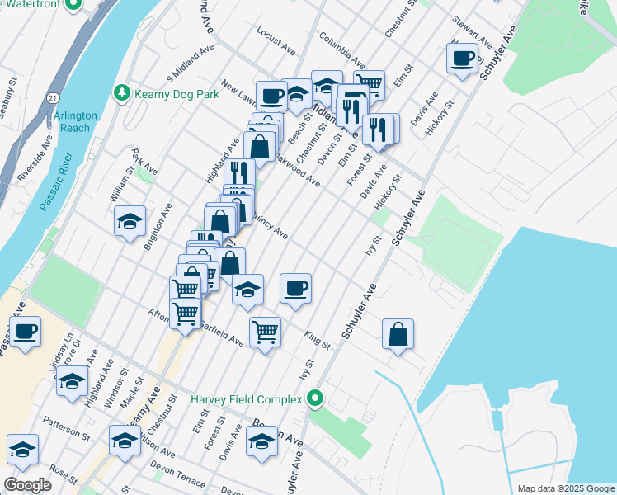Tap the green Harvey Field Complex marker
pyautogui.click(x=314, y=400)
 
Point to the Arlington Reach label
pyautogui.click(x=76, y=122)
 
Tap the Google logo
pyautogui.click(x=27, y=485)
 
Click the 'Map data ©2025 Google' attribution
pyautogui.click(x=565, y=488)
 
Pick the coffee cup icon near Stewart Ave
pyautogui.click(x=462, y=58)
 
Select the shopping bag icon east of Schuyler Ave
pyautogui.click(x=398, y=334)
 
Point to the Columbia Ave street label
pyautogui.click(x=342, y=50)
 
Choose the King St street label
pyautogui.click(x=317, y=337)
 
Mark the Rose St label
pyautogui.click(x=63, y=474)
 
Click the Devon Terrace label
pyautogui.click(x=177, y=479)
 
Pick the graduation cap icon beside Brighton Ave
pyautogui.click(x=130, y=221)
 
